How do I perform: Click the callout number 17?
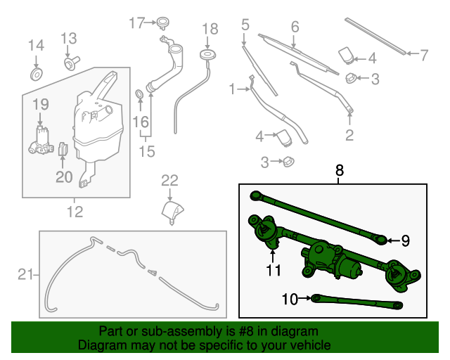pos(136,22)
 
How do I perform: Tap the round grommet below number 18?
pos(208,54)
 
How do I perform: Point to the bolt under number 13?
pos(70,64)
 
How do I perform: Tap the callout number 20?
pos(64,177)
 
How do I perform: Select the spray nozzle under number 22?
pos(171,211)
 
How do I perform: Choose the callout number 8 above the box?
pos(340,169)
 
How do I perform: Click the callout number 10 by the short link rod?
pos(290,299)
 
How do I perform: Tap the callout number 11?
pos(273,269)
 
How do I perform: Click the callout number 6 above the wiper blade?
pos(295,27)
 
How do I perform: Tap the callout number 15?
pos(146,150)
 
